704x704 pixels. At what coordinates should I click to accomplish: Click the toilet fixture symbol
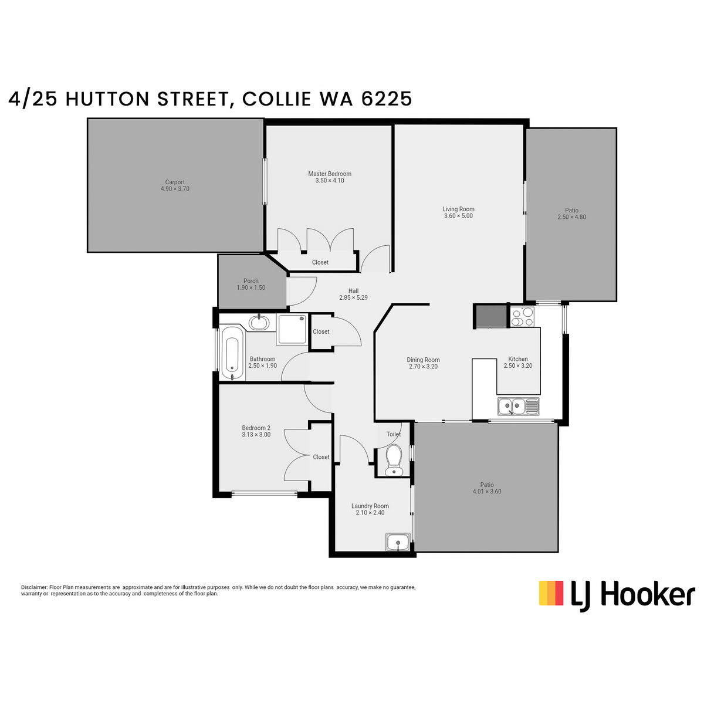tap(394, 459)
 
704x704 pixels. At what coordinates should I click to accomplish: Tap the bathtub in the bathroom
tap(232, 354)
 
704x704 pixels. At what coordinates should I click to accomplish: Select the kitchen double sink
tap(518, 406)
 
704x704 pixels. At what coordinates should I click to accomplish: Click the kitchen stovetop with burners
tap(522, 316)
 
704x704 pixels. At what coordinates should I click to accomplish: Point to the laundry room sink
tap(398, 542)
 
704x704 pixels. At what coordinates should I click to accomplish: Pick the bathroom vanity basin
tap(259, 323)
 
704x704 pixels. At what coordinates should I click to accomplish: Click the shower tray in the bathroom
tap(292, 329)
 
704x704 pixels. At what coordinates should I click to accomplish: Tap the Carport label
tap(175, 182)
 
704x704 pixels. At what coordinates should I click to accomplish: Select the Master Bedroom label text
tap(330, 174)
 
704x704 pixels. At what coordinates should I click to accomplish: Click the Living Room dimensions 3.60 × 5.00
tap(458, 216)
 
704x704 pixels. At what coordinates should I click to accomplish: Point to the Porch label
tap(251, 281)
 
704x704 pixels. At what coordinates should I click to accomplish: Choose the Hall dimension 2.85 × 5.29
tap(353, 297)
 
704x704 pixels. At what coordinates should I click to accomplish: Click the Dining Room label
tap(423, 360)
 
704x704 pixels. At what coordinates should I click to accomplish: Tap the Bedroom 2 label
tap(256, 428)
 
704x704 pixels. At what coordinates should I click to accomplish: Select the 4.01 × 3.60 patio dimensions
tap(486, 492)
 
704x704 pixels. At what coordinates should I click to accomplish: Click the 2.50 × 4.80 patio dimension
tap(572, 217)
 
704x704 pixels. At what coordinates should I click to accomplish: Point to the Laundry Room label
tap(370, 506)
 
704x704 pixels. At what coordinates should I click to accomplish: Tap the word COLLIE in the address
tap(276, 99)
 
